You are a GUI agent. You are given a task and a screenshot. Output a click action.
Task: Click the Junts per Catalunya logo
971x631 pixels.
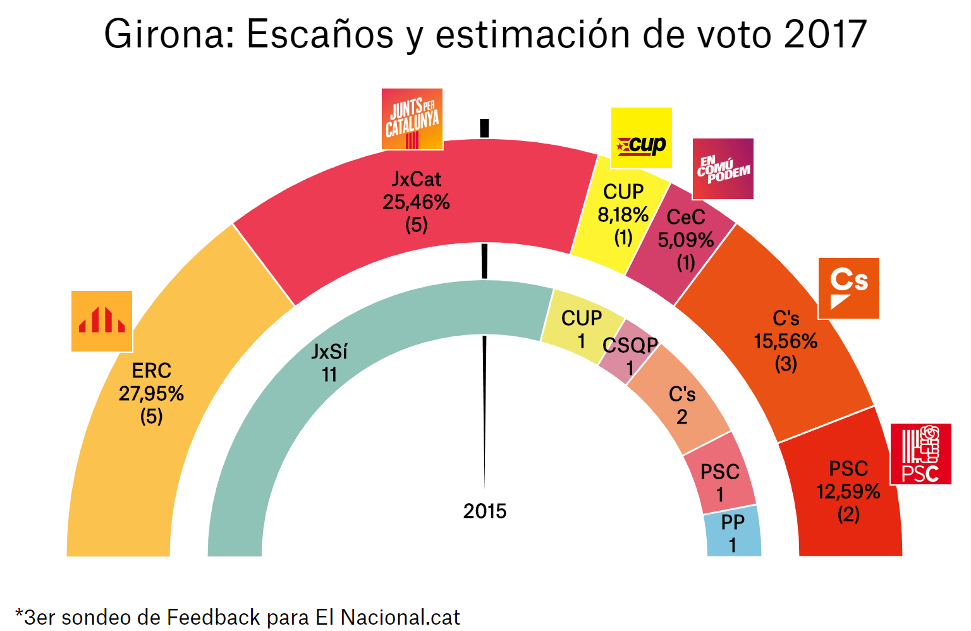coord(412,119)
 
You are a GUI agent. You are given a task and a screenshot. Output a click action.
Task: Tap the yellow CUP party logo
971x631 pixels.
coord(641,138)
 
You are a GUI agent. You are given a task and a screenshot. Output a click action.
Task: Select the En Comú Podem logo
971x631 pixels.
coord(723,169)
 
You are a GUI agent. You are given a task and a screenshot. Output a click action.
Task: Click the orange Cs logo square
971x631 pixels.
coord(848,288)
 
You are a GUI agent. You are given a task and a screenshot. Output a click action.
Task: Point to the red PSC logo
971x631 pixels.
coord(920,454)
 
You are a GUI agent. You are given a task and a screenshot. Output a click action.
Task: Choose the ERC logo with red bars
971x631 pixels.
coord(102,321)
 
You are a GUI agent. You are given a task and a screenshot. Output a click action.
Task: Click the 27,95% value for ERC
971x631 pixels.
coord(151,394)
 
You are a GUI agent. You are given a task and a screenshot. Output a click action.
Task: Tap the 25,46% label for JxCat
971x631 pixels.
coord(416,202)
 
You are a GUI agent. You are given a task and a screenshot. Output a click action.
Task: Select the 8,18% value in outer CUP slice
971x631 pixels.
coord(623,215)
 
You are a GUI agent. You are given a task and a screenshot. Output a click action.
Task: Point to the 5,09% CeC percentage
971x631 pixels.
coord(685,240)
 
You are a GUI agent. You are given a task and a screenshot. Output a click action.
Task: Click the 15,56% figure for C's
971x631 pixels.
coord(785,341)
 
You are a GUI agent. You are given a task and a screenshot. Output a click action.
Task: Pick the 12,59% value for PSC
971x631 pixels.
coord(848,492)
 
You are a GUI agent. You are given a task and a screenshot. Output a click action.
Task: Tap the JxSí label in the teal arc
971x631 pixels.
coord(329,352)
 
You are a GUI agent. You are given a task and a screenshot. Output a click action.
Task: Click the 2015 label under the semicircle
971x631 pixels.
coord(485,511)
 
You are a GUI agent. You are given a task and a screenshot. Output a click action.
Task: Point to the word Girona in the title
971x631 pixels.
coord(168,34)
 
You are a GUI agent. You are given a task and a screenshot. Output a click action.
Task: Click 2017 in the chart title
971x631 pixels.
coord(825,34)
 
